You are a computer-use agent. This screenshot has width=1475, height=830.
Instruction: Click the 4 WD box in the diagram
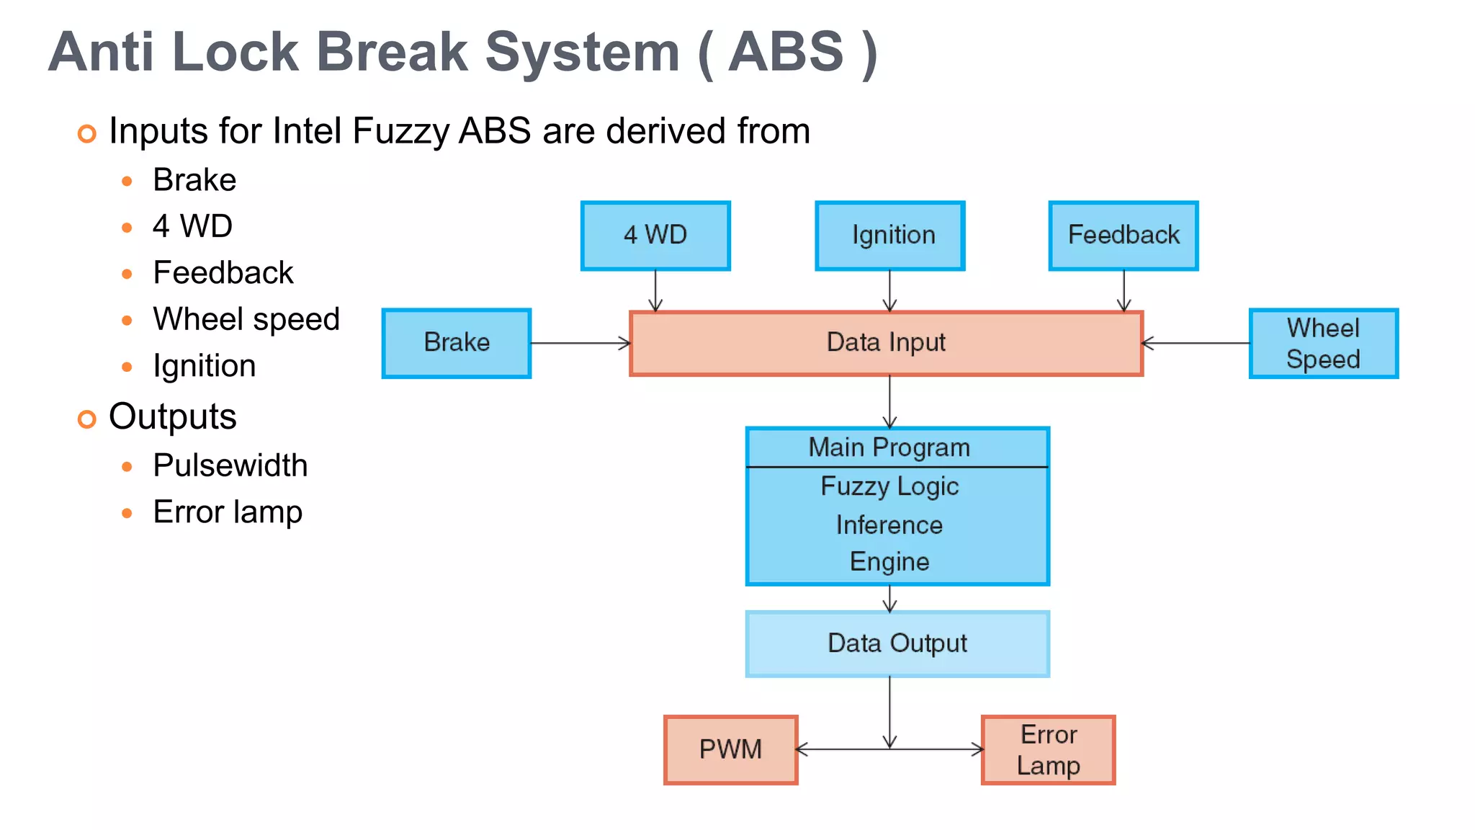[x=655, y=236]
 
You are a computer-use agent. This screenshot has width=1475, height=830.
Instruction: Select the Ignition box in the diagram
[x=890, y=236]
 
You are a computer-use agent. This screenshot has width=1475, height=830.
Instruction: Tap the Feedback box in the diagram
[x=1124, y=236]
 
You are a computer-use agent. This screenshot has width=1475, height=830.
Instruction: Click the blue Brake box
[x=457, y=343]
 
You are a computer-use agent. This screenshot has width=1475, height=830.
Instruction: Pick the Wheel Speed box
[x=1324, y=343]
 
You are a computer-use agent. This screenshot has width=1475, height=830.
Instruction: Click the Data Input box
[x=886, y=343]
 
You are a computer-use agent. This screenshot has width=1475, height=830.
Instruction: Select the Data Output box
[x=897, y=643]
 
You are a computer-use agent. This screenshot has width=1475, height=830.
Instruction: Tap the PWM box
[x=730, y=749]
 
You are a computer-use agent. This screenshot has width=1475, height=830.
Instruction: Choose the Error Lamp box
[x=1049, y=749]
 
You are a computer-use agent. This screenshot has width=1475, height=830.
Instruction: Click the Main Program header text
[x=889, y=447]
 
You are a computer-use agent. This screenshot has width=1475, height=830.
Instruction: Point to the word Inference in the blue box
[x=889, y=525]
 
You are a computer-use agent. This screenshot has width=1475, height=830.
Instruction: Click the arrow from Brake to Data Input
[x=580, y=344]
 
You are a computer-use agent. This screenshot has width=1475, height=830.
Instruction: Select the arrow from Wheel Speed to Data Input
[x=1196, y=344]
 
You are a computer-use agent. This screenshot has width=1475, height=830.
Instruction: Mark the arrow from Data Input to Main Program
[x=890, y=401]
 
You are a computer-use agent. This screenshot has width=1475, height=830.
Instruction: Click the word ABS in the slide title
[x=786, y=52]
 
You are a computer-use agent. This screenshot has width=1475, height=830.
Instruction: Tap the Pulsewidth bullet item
[x=230, y=465]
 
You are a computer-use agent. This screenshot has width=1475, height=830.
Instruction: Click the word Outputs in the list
[x=173, y=416]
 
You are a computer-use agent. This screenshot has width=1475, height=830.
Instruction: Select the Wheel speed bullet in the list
[x=246, y=319]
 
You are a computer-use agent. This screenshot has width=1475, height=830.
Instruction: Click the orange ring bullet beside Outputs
[x=87, y=419]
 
